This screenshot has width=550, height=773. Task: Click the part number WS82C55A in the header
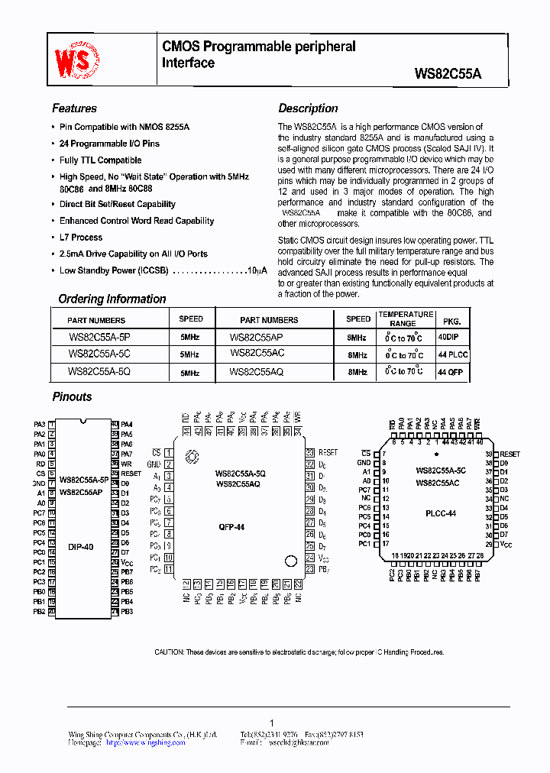448,75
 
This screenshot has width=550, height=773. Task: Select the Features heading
74,108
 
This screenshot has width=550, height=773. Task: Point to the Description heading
308,108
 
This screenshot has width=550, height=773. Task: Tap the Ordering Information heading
112,299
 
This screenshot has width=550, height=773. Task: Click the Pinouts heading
72,397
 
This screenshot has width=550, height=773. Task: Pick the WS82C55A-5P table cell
99,336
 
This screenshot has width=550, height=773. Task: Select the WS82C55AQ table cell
256,371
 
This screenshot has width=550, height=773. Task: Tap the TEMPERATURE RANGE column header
406,319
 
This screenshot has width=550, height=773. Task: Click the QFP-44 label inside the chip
232,526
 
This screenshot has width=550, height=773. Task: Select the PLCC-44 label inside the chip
441,514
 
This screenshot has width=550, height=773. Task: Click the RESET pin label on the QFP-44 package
328,453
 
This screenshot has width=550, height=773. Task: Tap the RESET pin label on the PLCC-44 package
510,454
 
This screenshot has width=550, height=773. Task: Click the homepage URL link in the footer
145,742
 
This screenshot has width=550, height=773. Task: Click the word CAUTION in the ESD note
168,652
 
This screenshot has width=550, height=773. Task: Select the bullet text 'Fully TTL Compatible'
100,160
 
